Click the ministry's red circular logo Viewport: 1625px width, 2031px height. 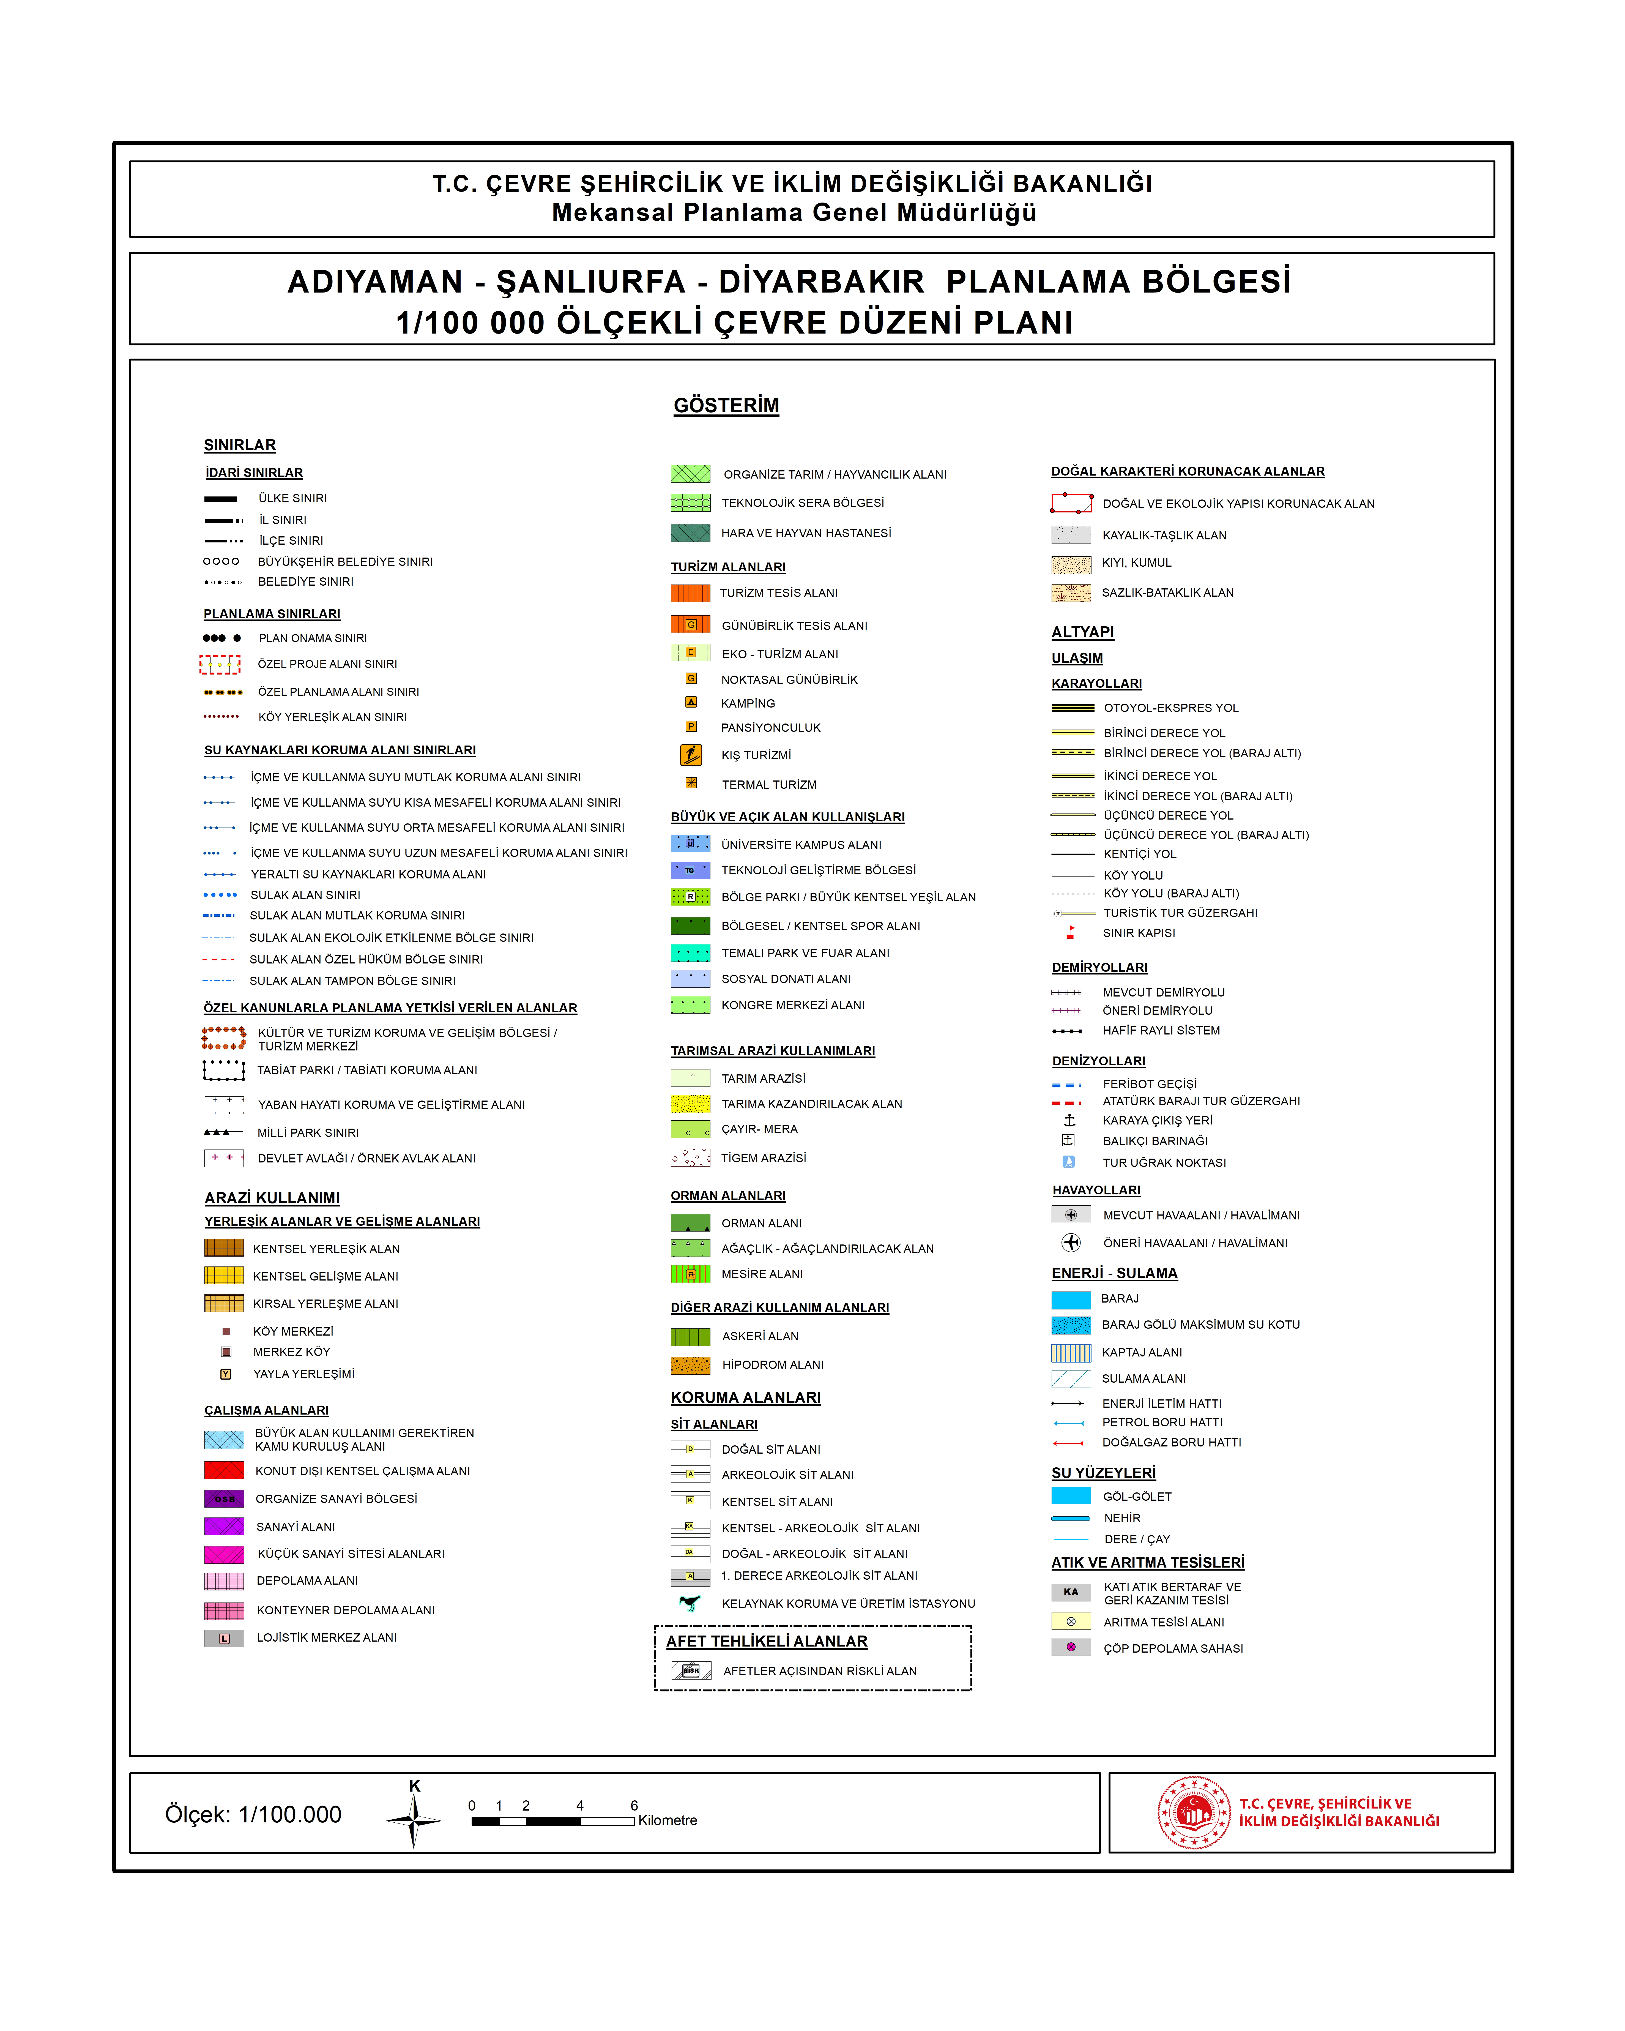coord(1194,1812)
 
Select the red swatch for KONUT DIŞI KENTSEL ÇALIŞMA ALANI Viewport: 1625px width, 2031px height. coord(224,1470)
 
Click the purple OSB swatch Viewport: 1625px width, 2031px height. coord(224,1499)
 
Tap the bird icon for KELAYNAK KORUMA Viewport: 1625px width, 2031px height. coord(691,1603)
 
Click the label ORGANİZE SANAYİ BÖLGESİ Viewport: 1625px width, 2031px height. coord(336,1499)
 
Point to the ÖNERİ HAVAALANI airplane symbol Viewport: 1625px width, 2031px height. coord(1071,1243)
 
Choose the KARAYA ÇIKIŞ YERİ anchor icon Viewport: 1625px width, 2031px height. coord(1069,1120)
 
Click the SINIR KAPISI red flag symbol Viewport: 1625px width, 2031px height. coord(1070,933)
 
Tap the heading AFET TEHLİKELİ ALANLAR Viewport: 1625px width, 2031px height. coord(767,1641)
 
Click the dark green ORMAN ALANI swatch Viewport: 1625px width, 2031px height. coord(691,1223)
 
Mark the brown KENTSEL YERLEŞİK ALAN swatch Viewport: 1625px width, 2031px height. coord(224,1248)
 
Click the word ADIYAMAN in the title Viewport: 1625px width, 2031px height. coord(375,282)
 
